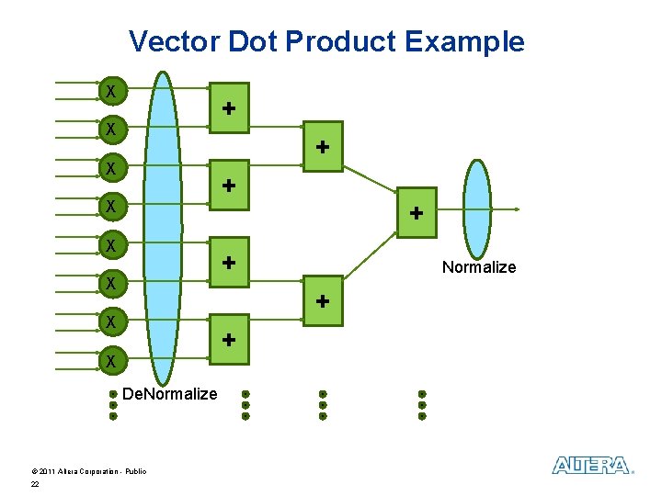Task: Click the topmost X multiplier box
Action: (111, 92)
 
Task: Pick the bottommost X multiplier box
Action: (111, 361)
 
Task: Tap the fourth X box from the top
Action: (111, 208)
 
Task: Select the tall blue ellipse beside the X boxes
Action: (163, 228)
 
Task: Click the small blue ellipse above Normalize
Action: (477, 210)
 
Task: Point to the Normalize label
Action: (478, 267)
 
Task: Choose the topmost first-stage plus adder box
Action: (228, 108)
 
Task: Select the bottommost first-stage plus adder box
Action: (228, 340)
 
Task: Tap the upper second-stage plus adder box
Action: (323, 147)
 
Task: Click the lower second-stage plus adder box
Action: (323, 301)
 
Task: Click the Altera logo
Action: (591, 466)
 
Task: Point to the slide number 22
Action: (35, 484)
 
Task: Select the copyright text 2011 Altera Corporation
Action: (88, 471)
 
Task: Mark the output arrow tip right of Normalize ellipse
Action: (518, 209)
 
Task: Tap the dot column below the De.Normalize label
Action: (113, 405)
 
